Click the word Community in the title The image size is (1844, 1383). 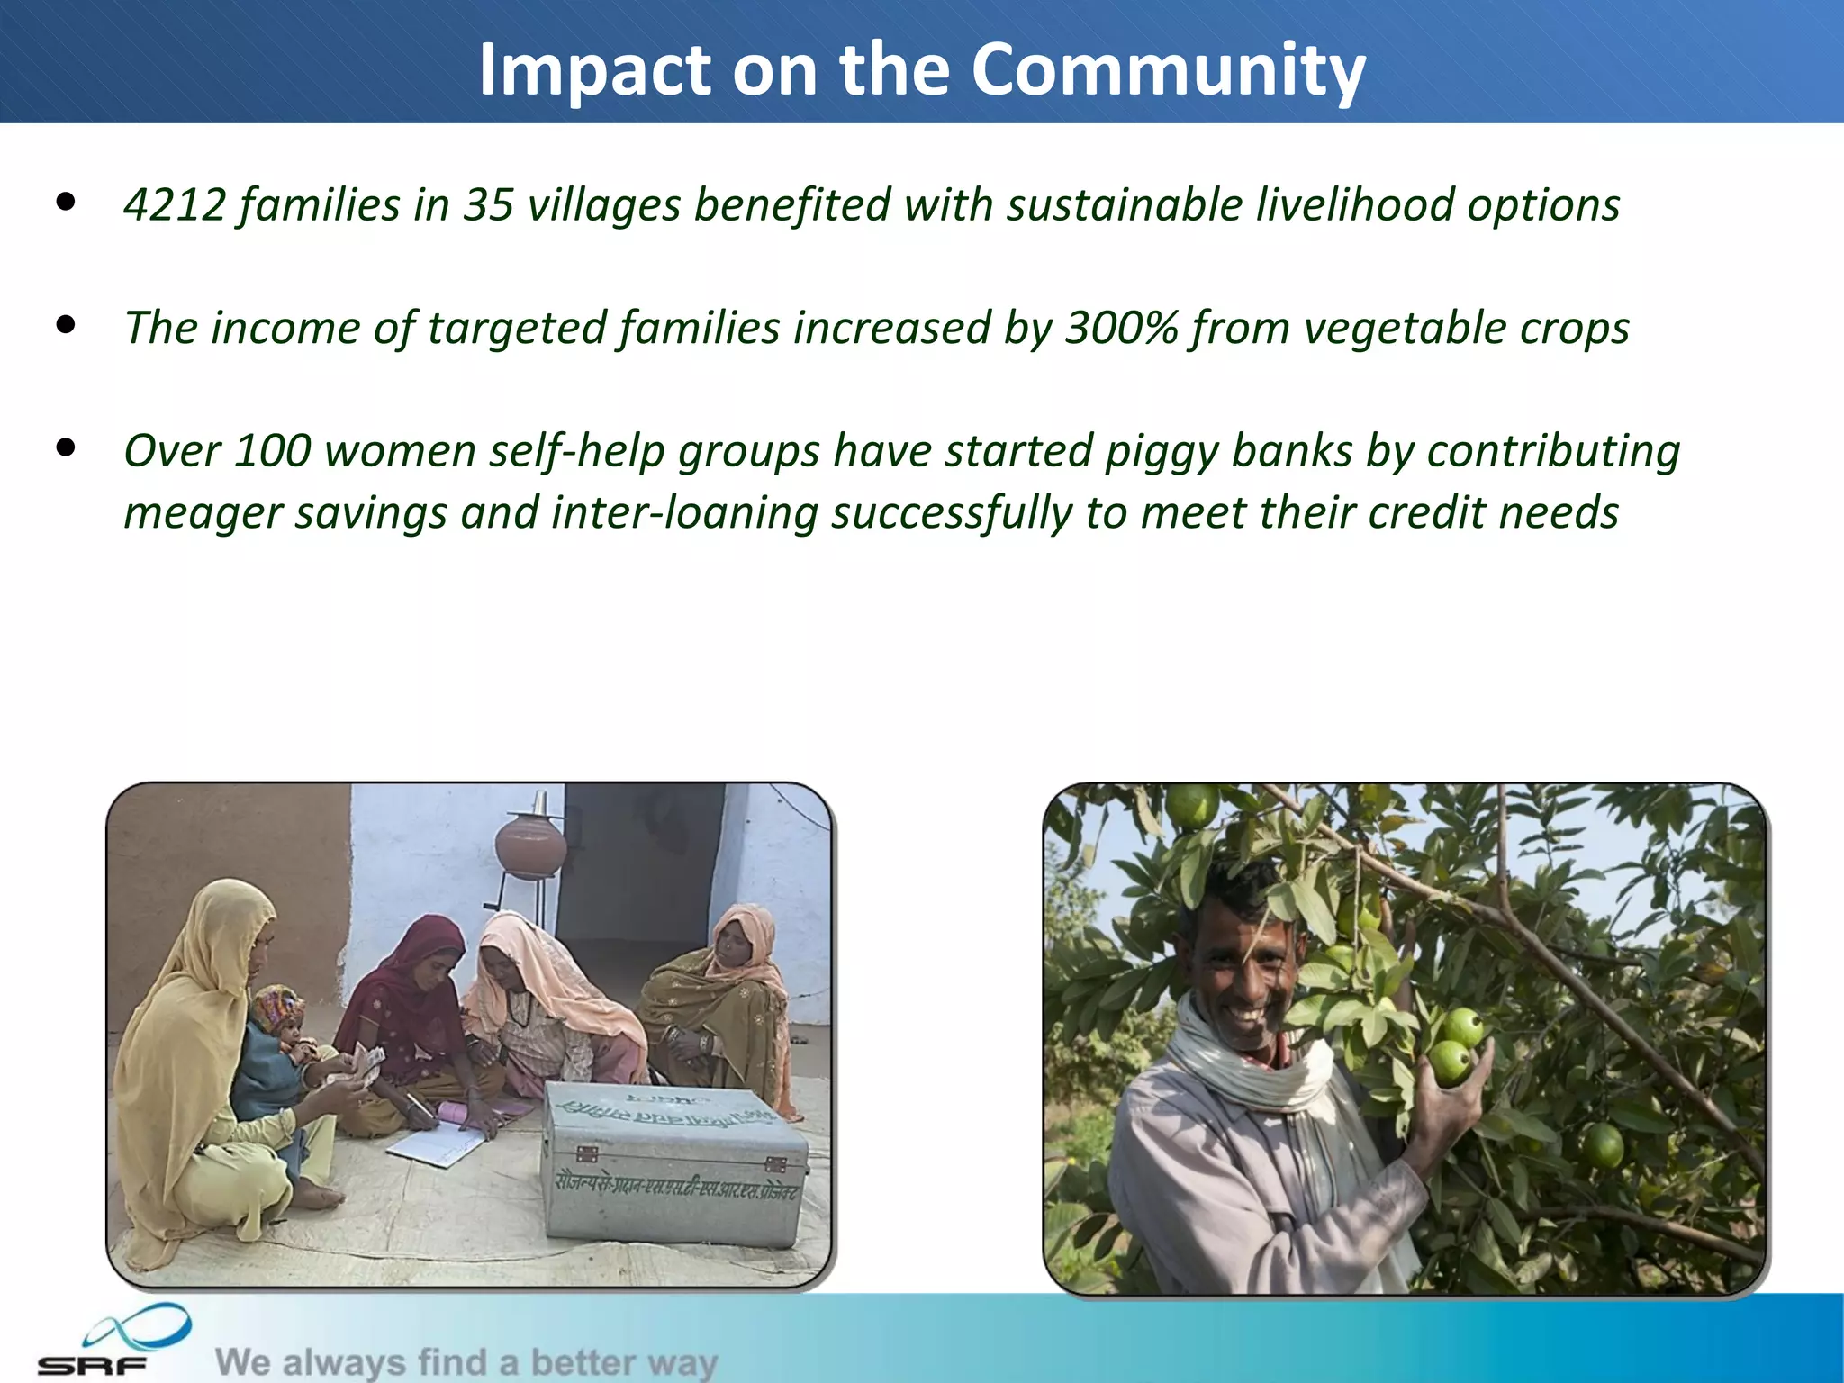coord(1168,69)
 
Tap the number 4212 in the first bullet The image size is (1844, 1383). coord(175,205)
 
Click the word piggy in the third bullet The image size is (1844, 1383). coord(1161,451)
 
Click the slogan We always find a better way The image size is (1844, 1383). coord(466,1362)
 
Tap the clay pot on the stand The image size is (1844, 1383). coord(530,844)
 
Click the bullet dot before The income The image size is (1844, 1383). coord(65,325)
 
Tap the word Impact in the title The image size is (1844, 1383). coord(595,69)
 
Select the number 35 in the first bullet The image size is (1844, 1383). coord(488,205)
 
